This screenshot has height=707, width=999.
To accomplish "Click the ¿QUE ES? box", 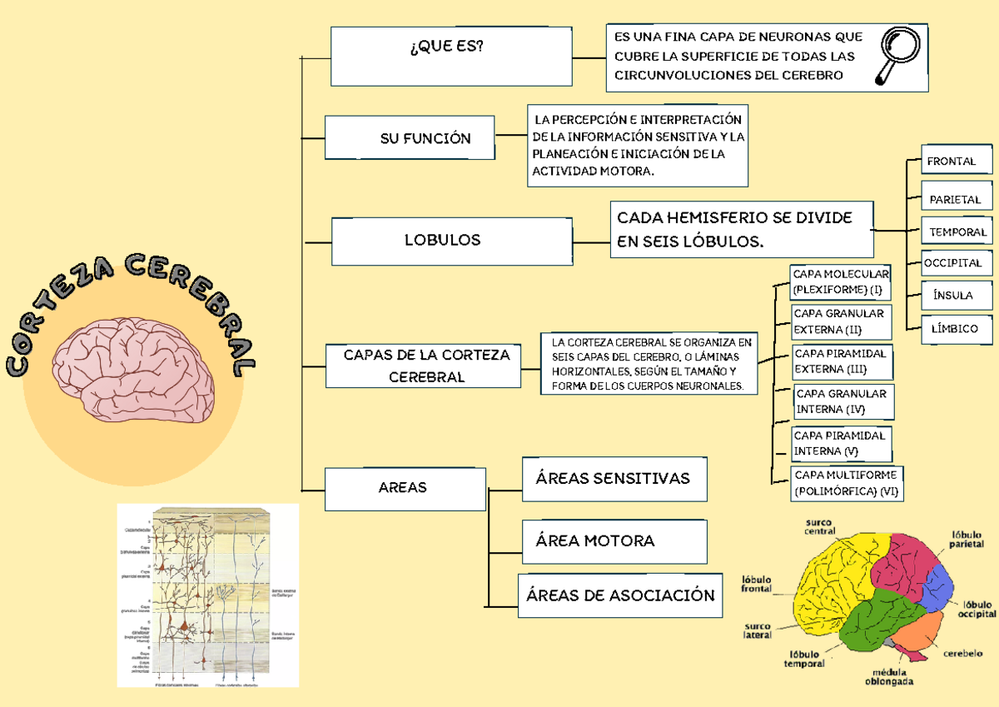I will point(450,56).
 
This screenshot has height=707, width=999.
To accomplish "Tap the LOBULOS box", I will point(442,240).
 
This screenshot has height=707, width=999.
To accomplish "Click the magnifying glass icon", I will point(897,56).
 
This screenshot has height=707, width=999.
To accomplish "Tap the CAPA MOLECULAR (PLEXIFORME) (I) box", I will point(839,282).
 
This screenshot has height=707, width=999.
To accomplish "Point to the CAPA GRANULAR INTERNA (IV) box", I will point(842,401).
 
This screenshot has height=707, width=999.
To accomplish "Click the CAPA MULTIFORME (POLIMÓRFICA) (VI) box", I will point(847,483).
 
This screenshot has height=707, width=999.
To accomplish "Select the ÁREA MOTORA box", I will point(614,541).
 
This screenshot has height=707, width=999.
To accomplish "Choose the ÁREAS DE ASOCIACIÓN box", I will point(620,595).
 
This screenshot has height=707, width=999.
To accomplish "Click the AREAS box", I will point(405,488).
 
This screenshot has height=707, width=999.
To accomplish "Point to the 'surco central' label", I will point(819,526).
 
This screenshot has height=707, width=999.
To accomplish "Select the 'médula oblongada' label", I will point(893,676).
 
